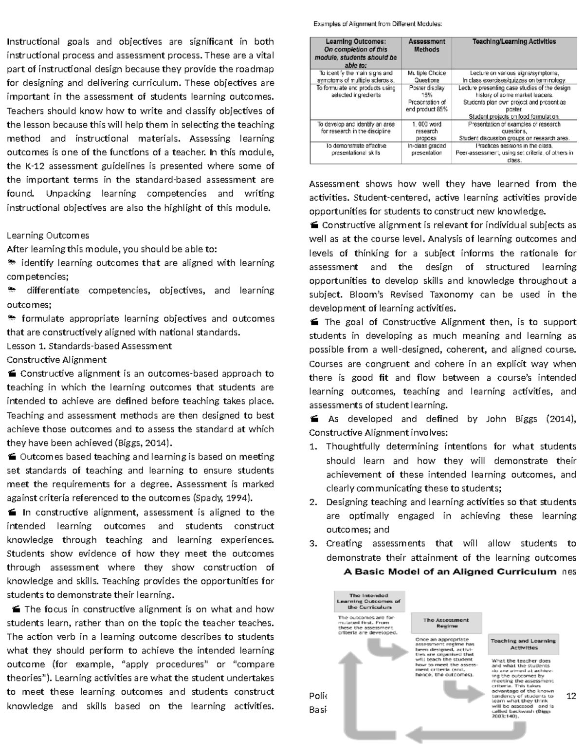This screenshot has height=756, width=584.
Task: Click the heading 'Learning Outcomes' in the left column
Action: [x=48, y=236]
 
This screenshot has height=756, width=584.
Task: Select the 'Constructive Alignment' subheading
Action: [x=56, y=360]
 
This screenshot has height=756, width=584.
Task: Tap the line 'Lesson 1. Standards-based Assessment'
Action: [x=89, y=346]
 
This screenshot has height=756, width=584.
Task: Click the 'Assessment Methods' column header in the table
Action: [x=426, y=45]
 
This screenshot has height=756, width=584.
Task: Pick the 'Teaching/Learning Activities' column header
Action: [x=514, y=42]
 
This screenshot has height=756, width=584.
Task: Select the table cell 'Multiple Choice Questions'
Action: [x=426, y=76]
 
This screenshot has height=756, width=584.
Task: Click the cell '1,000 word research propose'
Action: [x=426, y=131]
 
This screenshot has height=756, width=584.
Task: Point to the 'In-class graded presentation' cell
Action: [x=426, y=149]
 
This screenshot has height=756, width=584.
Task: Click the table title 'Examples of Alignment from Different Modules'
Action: [x=378, y=24]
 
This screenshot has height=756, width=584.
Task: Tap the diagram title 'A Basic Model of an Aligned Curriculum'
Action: [x=450, y=572]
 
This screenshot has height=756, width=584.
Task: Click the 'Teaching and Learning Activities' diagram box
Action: [x=523, y=644]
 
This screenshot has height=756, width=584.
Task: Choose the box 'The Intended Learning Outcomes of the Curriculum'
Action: [x=368, y=601]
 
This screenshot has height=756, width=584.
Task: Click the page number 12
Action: [x=571, y=696]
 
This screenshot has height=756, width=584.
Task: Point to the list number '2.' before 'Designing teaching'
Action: [x=313, y=502]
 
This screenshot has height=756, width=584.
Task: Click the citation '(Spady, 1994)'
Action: [x=223, y=498]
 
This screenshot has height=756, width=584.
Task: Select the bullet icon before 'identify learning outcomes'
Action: [x=12, y=263]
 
